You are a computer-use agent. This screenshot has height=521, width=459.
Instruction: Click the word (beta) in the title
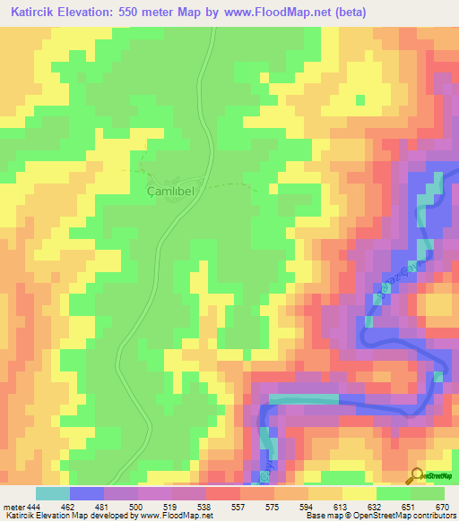348,11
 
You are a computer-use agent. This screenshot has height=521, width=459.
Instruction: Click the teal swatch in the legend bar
53,493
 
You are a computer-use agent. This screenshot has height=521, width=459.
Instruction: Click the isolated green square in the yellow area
361,98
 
